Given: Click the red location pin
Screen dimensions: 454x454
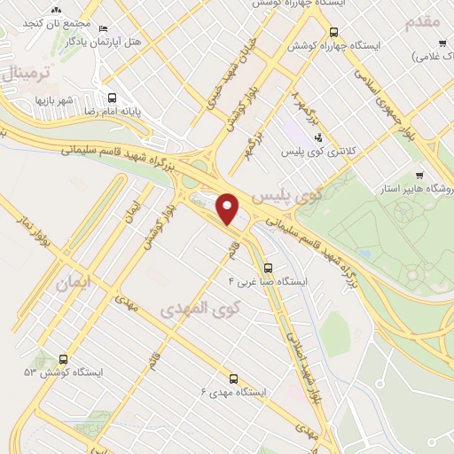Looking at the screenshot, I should click(x=228, y=208).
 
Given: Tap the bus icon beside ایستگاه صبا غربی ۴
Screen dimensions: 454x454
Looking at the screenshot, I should click(x=268, y=266).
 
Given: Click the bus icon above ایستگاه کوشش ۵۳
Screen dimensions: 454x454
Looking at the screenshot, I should click(x=63, y=359).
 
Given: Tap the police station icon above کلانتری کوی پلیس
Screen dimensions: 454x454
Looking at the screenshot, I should click(x=318, y=136).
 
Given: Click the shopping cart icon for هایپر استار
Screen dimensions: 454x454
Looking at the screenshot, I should click(x=419, y=175).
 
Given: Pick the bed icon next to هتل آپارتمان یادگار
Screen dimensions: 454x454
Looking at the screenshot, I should click(x=104, y=28).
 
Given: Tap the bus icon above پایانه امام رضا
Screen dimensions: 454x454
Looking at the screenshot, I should click(x=112, y=98).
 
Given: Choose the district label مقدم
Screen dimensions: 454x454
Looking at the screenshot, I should click(x=424, y=21).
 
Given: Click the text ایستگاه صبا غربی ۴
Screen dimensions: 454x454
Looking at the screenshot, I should click(x=268, y=281).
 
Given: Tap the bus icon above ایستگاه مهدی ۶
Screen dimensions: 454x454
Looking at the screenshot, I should click(x=233, y=378).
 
